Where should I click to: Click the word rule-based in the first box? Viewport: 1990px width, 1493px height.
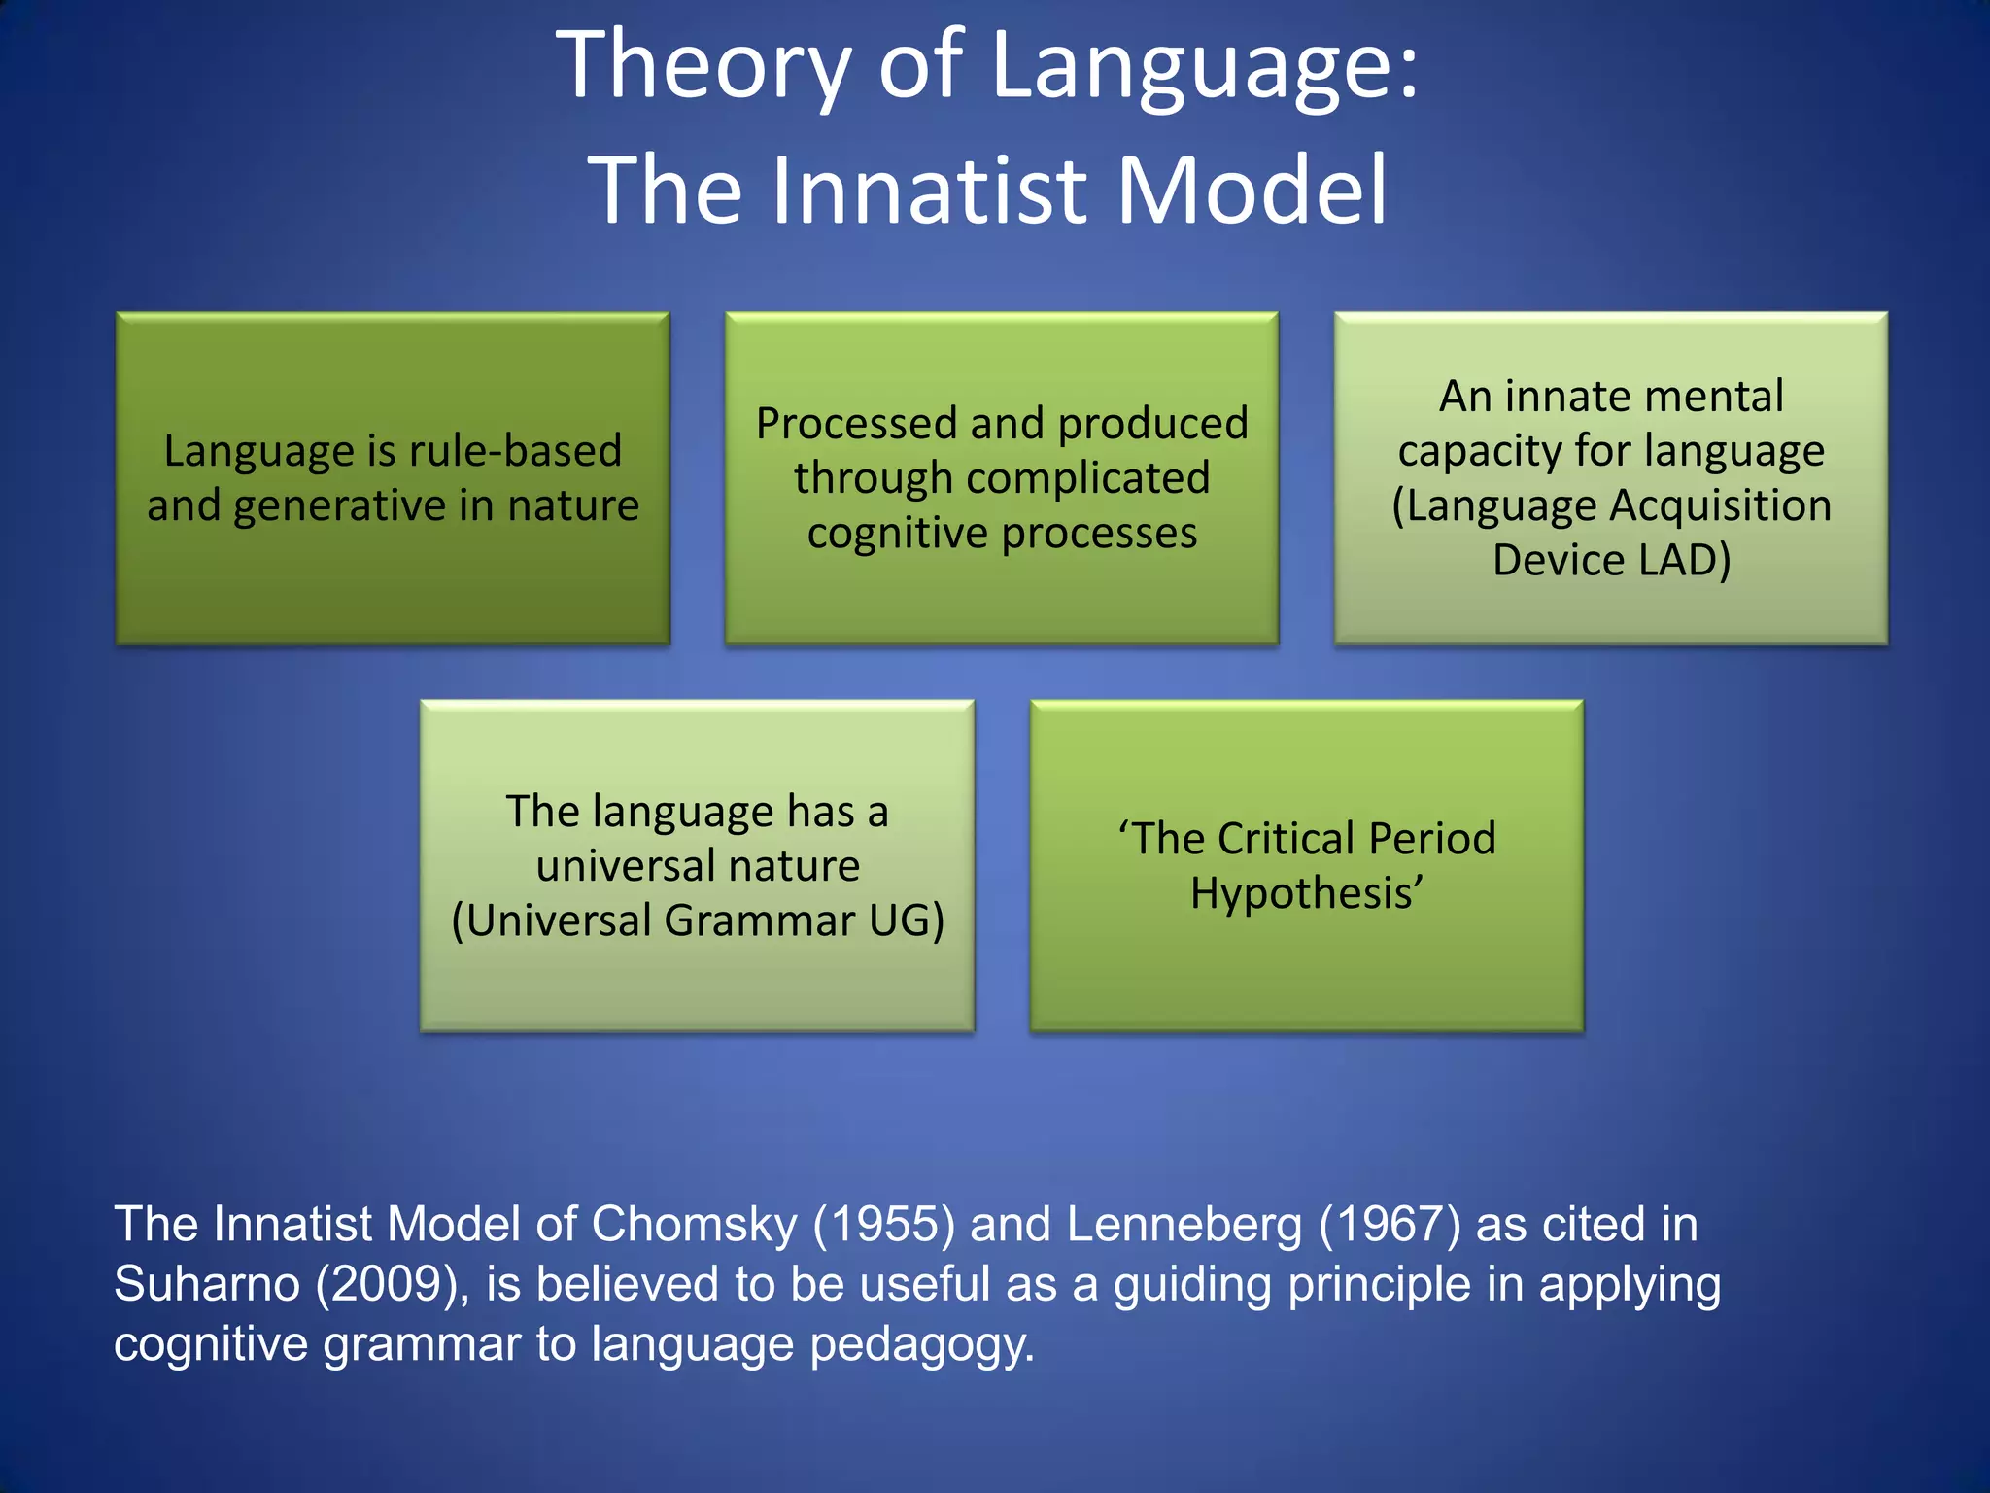point(515,451)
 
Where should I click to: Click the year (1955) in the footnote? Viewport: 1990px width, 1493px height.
point(883,1225)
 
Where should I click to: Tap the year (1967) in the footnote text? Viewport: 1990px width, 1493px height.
point(1390,1225)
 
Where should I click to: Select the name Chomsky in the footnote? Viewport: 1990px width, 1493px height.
point(694,1225)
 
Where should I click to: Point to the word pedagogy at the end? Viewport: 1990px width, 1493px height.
point(921,1346)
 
